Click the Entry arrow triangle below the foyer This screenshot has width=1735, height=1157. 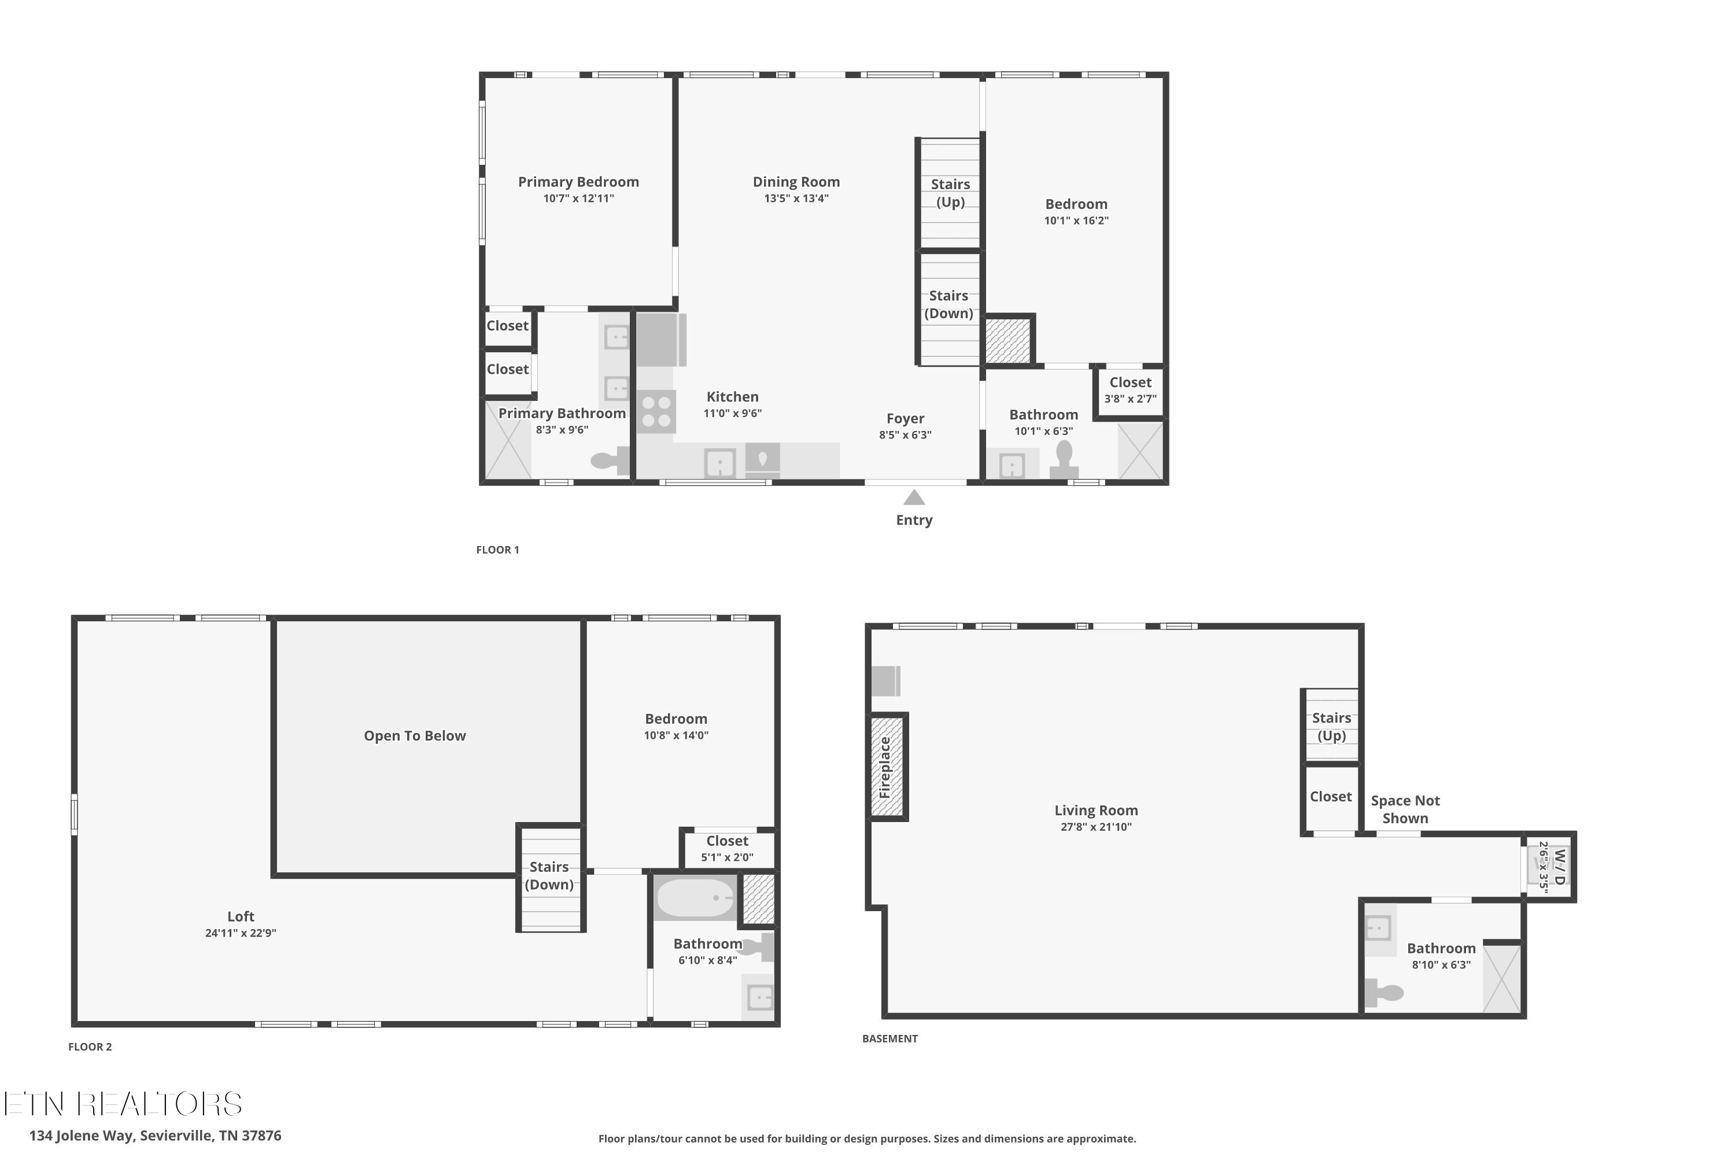(914, 498)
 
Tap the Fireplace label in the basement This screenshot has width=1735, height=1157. (886, 768)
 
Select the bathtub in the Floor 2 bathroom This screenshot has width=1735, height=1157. (695, 898)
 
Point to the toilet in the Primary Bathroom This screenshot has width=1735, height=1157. (610, 461)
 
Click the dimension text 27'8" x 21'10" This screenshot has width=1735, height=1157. (1095, 827)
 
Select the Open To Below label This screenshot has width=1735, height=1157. (415, 736)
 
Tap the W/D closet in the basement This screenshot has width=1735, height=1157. (1550, 867)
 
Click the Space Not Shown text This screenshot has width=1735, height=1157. (1405, 809)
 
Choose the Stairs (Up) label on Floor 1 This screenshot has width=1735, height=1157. (950, 193)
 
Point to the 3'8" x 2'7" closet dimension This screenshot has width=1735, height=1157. (1130, 399)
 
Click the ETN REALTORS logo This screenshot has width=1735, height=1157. (123, 1104)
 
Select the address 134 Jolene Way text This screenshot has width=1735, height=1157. (155, 1136)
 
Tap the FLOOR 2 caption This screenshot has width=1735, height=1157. (90, 1047)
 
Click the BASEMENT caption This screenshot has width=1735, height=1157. (889, 1038)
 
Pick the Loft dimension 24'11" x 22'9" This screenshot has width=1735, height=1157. (241, 933)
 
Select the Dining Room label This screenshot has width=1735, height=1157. (796, 182)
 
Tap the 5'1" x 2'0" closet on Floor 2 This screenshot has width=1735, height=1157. (728, 849)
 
